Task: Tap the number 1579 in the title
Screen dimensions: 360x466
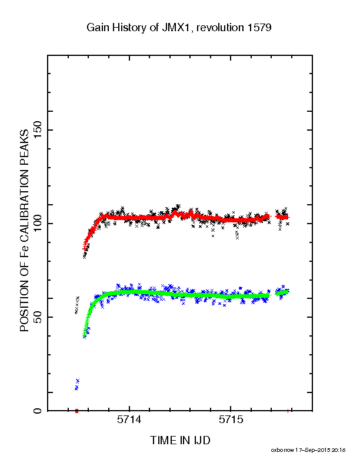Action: pos(259,28)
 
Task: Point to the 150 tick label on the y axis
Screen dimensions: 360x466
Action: pos(38,130)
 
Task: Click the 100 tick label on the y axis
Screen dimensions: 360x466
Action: pos(38,224)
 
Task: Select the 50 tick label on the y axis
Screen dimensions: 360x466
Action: pos(38,317)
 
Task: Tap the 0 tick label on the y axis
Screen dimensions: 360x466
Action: pos(38,411)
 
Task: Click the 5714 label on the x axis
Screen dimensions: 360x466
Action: pos(129,420)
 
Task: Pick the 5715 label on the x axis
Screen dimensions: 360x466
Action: pos(231,420)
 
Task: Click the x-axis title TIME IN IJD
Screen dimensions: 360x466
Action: pos(180,440)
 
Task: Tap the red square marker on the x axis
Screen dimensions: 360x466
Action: pos(76,411)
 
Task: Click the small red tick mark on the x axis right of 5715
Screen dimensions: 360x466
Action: pos(288,411)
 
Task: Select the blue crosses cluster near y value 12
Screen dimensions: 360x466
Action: pos(77,384)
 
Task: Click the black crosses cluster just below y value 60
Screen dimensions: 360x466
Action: pos(77,305)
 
